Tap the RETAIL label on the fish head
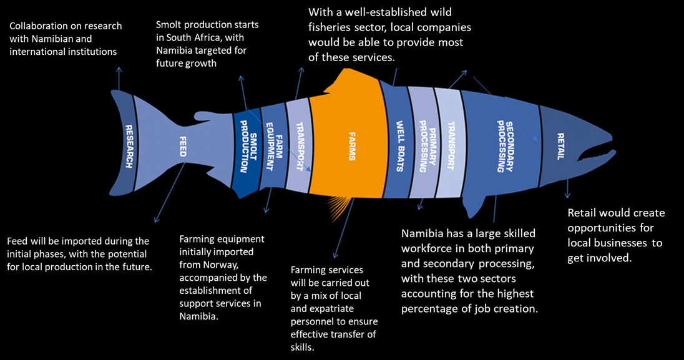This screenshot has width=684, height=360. (560, 146)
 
